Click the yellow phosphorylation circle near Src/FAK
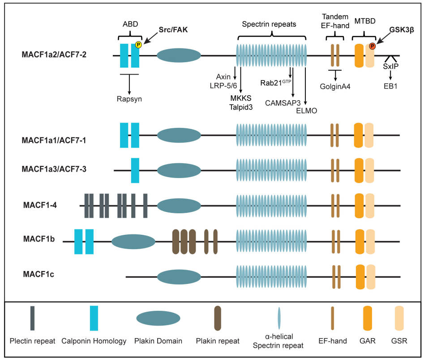[x=139, y=45]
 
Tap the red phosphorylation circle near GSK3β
[x=372, y=46]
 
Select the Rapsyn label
[x=129, y=99]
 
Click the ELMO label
[x=306, y=110]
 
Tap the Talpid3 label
[x=240, y=107]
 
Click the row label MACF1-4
[x=40, y=205]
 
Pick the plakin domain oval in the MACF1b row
[x=133, y=242]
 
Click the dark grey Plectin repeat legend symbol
[x=32, y=318]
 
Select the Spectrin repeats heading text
[x=269, y=25]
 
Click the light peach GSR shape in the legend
[x=400, y=319]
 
